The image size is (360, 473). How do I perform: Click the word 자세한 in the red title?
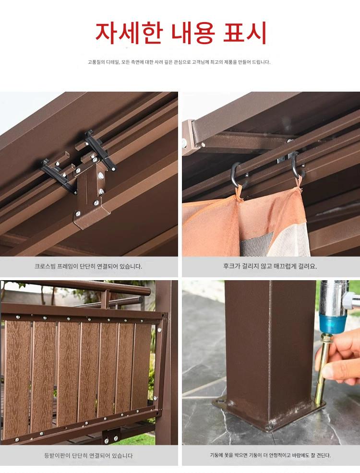(129, 33)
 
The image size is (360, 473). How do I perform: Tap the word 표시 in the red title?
(245, 33)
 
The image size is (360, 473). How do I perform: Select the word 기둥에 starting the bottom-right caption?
(216, 455)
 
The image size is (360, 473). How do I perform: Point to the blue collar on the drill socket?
(333, 323)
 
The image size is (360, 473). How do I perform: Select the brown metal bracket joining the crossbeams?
(91, 193)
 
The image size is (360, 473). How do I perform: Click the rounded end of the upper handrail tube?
(147, 291)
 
